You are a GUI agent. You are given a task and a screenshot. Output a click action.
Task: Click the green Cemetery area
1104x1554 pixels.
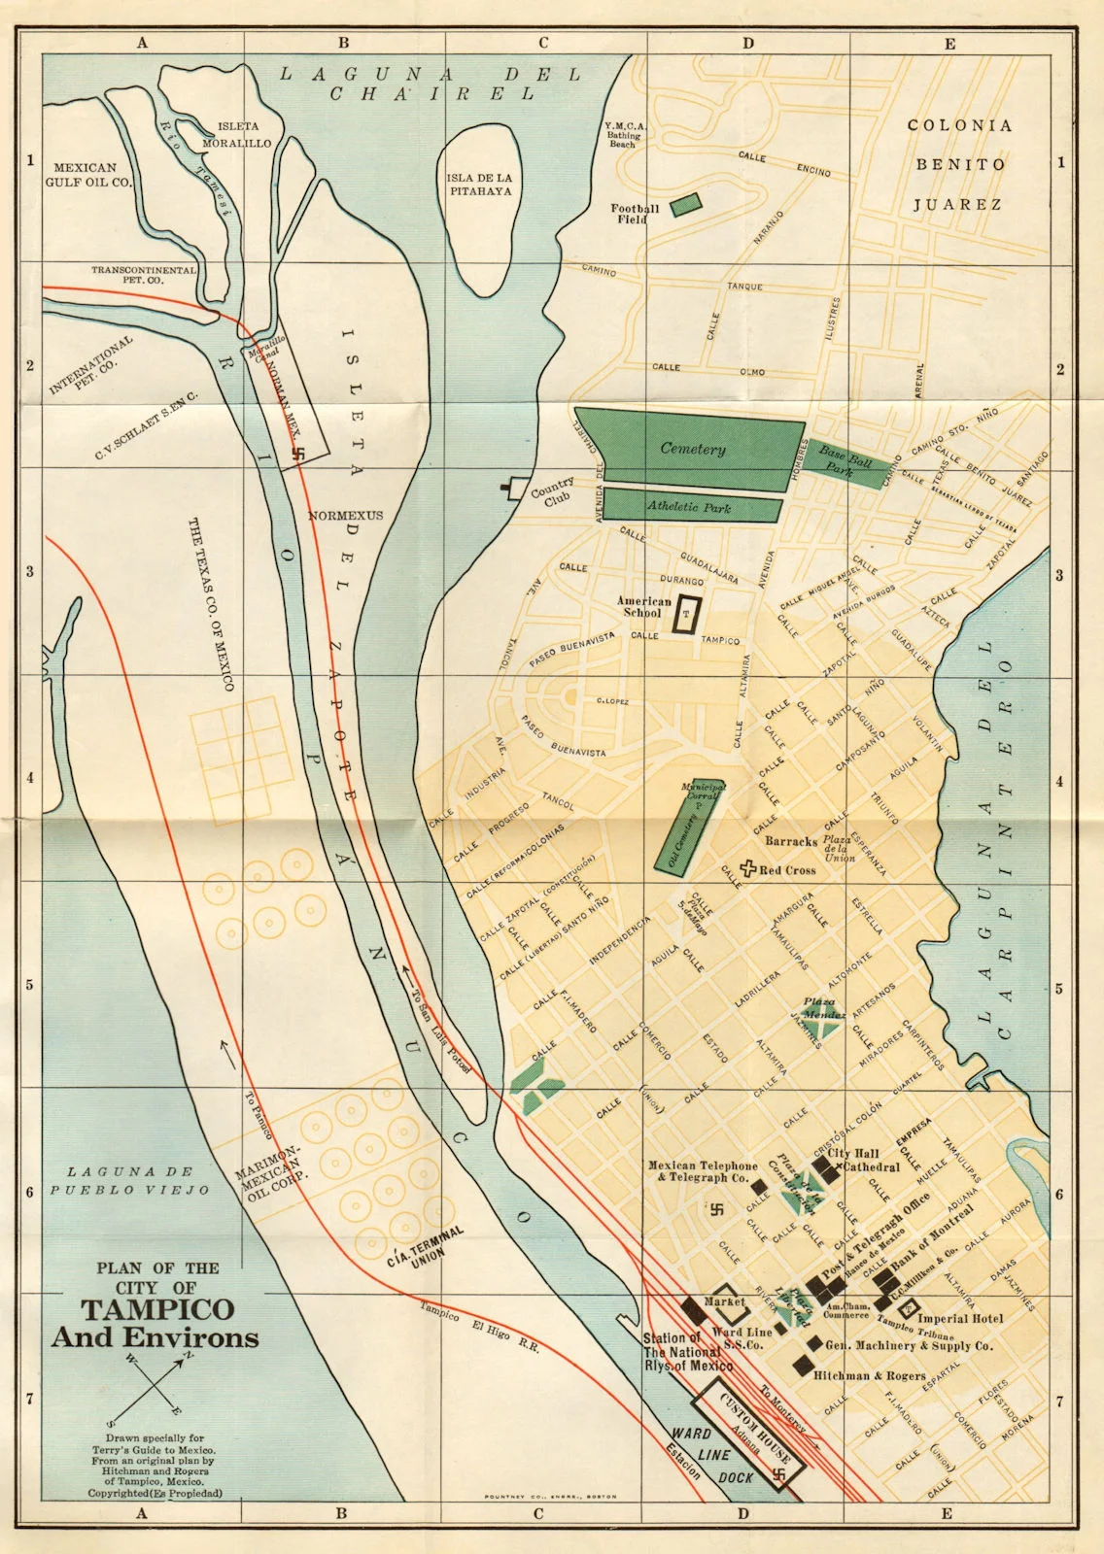(692, 450)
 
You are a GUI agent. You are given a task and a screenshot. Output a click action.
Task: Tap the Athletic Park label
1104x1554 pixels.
(689, 507)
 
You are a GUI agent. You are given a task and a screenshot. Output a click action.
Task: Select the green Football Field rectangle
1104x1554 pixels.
(685, 205)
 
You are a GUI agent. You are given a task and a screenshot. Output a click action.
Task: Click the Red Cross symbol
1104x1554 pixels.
(748, 868)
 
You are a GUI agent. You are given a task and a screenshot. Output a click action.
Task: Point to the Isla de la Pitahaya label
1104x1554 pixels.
(479, 185)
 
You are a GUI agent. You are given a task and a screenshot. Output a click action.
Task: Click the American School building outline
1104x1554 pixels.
(689, 614)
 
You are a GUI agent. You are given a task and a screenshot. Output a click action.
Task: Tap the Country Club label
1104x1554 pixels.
(552, 490)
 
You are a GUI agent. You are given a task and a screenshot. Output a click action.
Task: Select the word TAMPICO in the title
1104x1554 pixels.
(156, 1309)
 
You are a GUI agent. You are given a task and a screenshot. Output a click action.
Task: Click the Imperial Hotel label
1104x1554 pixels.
(960, 1318)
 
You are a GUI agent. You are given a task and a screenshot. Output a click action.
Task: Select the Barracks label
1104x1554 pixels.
(790, 841)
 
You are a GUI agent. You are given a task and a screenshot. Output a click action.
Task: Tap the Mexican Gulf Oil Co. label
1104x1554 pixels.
(88, 175)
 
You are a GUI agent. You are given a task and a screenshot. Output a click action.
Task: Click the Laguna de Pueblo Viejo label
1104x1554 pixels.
(130, 1181)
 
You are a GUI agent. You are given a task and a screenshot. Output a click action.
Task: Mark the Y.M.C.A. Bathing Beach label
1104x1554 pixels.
(624, 135)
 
